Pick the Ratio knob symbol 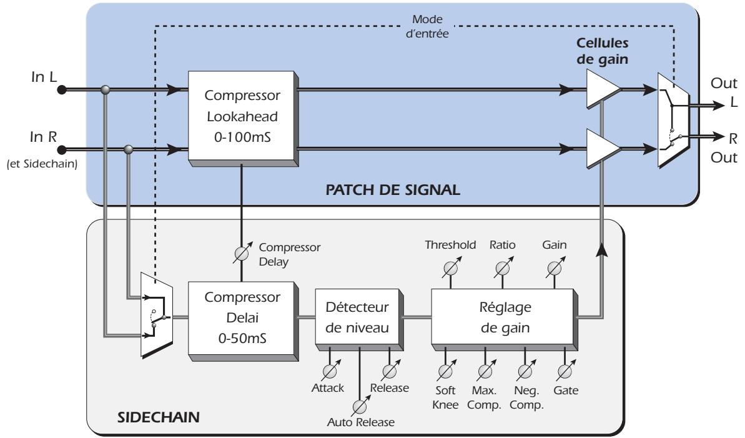pos(501,269)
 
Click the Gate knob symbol pos(565,372)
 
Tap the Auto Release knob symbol pos(359,406)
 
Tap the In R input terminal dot pos(61,149)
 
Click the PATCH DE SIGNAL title pos(392,189)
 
